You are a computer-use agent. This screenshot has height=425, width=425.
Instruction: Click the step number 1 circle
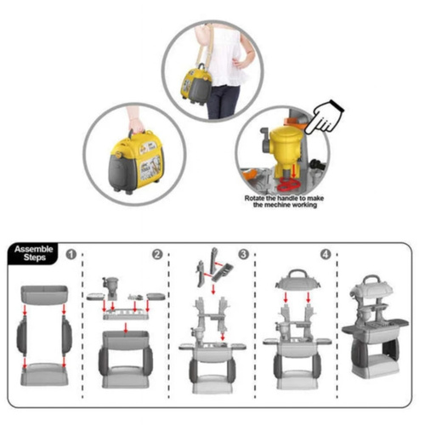coord(71,254)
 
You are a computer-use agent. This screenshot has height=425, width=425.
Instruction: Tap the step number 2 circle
coord(157,254)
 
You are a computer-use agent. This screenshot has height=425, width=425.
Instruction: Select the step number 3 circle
coord(243,254)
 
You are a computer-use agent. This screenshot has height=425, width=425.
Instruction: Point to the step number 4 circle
coord(326,254)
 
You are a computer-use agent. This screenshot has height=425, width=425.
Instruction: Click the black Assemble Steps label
coord(33,253)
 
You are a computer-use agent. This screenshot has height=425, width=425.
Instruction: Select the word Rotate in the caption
coord(254,198)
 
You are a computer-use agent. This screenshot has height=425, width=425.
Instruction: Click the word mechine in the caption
coord(277,205)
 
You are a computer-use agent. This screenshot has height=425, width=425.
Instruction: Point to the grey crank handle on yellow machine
coord(265,139)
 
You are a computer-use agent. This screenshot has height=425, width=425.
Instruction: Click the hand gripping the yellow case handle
coord(135,122)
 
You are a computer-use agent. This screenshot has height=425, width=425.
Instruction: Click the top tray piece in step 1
coord(44,295)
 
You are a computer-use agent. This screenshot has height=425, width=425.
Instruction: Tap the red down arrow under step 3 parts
coord(213,289)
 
